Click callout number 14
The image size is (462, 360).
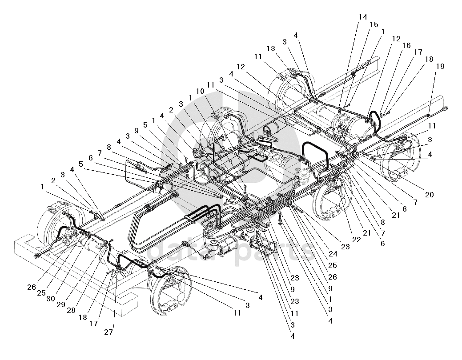click(363, 17)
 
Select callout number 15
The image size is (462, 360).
click(374, 24)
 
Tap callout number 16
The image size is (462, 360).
click(406, 45)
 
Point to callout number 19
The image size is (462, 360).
click(440, 67)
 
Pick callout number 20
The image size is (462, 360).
click(429, 194)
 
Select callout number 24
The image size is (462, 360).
click(333, 254)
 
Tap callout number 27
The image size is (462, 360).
click(109, 332)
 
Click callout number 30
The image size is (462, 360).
click(51, 299)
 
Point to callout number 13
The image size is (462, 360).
click(271, 48)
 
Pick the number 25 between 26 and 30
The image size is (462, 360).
click(41, 293)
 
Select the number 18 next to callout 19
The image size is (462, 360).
click(428, 59)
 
